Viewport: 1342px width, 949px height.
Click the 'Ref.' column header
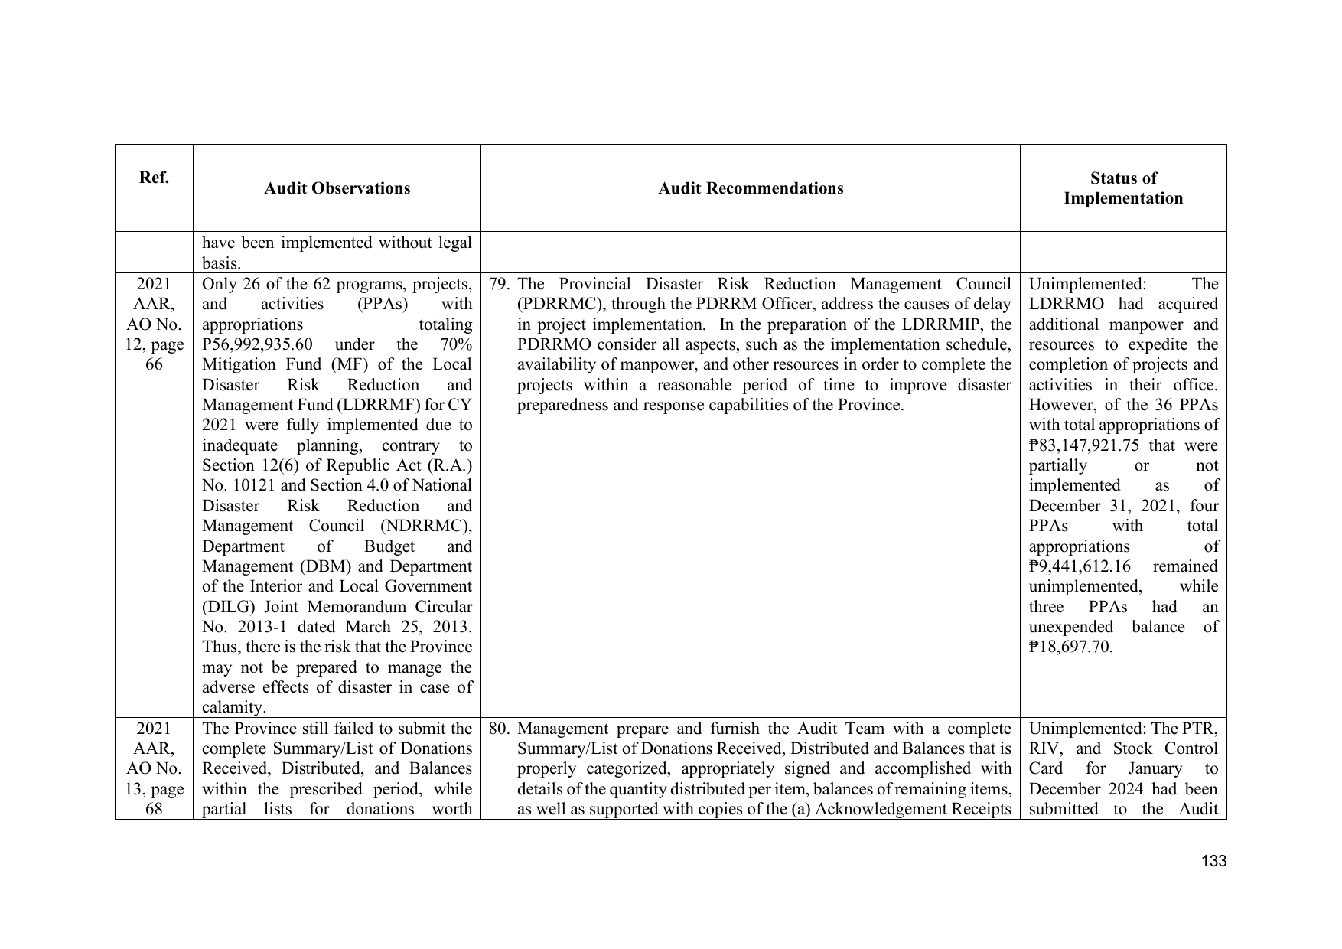pos(154,178)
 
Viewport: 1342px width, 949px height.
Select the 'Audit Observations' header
pos(337,188)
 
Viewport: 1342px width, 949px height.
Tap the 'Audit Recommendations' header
pos(751,188)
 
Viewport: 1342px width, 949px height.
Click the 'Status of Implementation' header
pos(1122,188)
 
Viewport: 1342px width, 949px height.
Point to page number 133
pos(1213,862)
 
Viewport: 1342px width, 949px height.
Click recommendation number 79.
pos(499,285)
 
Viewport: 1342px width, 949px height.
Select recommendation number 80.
pos(499,729)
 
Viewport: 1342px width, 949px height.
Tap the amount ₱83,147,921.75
pos(1084,446)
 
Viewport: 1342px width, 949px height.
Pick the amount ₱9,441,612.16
pos(1079,567)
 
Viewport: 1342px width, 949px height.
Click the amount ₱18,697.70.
pos(1070,647)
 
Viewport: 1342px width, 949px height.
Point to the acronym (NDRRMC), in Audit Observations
pos(429,527)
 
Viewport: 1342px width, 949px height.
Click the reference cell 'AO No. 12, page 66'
pos(154,334)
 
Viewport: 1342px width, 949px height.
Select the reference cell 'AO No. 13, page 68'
pos(154,778)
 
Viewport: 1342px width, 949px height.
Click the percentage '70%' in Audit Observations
pos(456,345)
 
